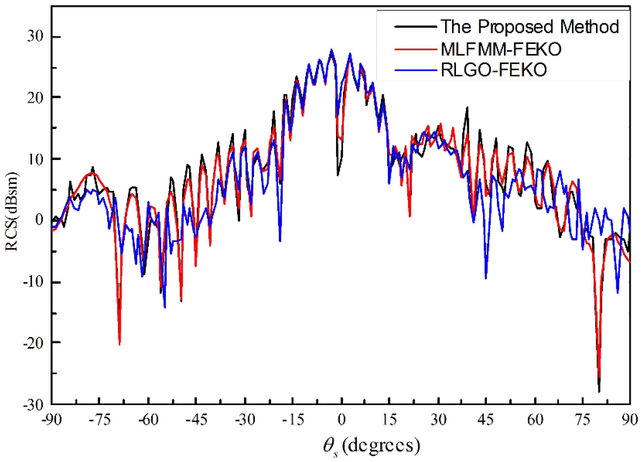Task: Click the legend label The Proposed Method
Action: (529, 27)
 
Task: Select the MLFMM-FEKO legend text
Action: (501, 49)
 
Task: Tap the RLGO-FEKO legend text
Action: (494, 70)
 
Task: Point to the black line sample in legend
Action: (416, 27)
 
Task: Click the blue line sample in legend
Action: (416, 70)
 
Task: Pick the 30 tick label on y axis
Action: (35, 37)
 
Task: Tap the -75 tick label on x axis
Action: (100, 420)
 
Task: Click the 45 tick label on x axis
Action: (485, 420)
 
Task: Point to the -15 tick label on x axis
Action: (293, 420)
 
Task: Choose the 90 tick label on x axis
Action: (630, 420)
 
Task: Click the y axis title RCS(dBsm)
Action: (12, 211)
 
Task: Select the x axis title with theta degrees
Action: (371, 446)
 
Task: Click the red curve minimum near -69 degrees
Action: (120, 344)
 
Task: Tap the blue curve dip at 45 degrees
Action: (486, 278)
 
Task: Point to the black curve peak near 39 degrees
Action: (467, 107)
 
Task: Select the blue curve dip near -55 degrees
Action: (165, 307)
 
